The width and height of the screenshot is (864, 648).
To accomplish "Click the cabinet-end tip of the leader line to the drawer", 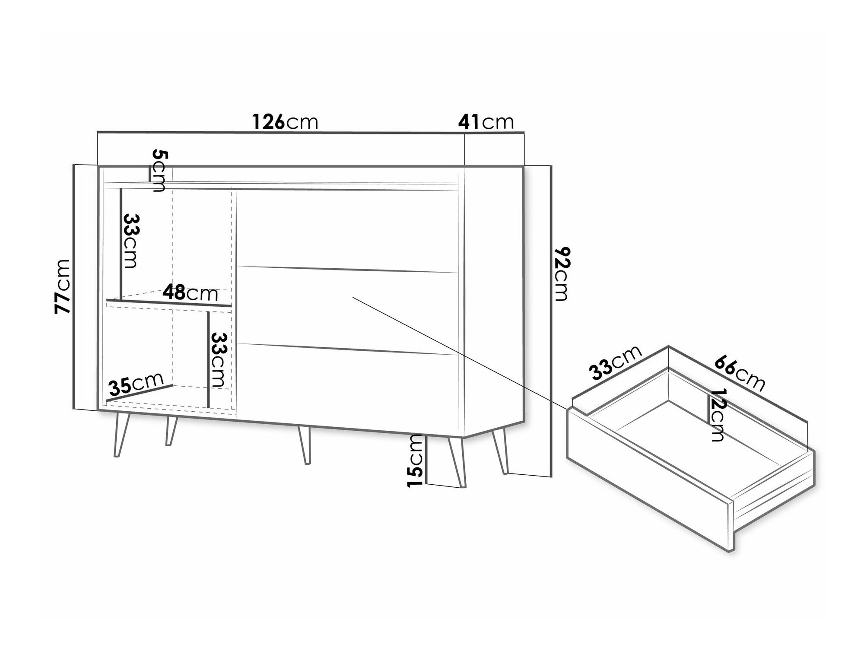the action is pos(353,297).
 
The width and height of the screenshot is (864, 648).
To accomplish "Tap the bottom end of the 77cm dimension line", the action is pos(74,408).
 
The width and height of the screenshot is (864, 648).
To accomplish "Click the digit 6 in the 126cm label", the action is pos(279,122).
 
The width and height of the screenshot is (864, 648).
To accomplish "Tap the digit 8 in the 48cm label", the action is pos(180,293).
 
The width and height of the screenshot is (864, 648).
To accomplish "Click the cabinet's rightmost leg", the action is pos(500,451).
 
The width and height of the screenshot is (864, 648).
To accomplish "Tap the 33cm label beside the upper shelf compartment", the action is pos(130,241).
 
